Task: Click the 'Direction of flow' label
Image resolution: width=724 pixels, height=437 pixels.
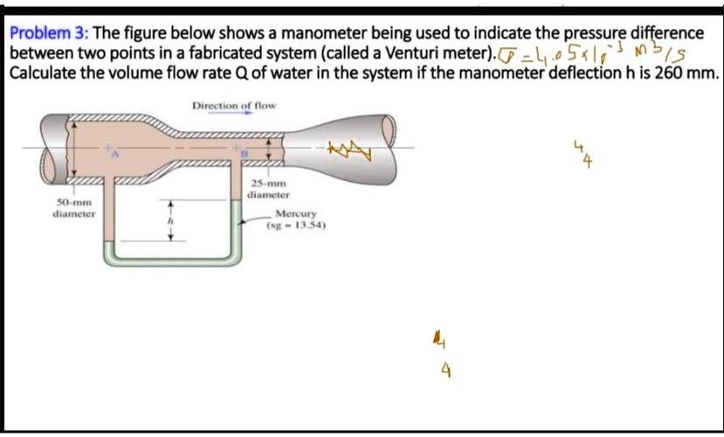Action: (x=233, y=106)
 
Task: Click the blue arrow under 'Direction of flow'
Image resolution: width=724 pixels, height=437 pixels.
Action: (x=233, y=114)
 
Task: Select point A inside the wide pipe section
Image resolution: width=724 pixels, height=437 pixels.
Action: (x=112, y=153)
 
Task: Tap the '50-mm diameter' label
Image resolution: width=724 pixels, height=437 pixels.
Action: (x=73, y=207)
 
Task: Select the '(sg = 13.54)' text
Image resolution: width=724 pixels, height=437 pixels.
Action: (x=296, y=224)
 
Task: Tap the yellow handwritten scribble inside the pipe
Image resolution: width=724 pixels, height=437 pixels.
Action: (x=348, y=152)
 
